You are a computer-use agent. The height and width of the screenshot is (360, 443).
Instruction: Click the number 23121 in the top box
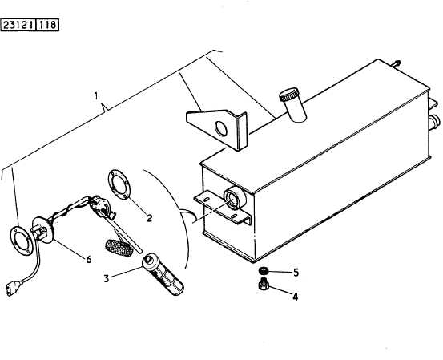click(x=18, y=25)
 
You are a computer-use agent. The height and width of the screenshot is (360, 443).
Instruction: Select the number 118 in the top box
click(x=47, y=25)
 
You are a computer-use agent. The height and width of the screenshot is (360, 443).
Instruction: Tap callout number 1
click(x=96, y=96)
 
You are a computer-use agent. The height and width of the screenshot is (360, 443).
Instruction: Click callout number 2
click(x=149, y=218)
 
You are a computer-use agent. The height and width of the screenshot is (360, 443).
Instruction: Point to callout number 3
click(x=107, y=278)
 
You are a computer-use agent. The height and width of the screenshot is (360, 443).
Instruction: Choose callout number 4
click(x=295, y=297)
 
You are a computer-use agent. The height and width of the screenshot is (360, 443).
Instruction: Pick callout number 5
click(x=296, y=273)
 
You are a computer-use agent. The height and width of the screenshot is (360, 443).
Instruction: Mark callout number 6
click(x=89, y=259)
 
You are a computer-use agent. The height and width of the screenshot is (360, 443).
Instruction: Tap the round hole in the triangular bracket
click(x=221, y=128)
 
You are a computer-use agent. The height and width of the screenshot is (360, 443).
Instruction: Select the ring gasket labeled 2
click(x=119, y=184)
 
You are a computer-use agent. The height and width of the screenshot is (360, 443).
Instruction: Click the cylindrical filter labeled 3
click(x=163, y=274)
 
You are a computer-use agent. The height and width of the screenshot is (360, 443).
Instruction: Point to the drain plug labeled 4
click(x=264, y=284)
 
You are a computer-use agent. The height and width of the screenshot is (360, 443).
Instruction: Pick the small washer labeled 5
click(x=264, y=270)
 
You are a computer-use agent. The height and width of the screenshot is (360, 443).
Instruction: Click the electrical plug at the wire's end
click(x=14, y=288)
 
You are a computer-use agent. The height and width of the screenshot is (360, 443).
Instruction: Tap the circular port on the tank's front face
click(x=235, y=198)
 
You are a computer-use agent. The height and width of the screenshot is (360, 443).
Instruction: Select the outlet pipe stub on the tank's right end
click(x=434, y=123)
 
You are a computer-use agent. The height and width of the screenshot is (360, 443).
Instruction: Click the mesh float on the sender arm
click(x=119, y=248)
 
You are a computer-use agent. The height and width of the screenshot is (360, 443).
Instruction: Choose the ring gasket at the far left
click(x=22, y=241)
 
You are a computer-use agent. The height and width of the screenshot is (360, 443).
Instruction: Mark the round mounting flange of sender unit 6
click(x=44, y=229)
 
